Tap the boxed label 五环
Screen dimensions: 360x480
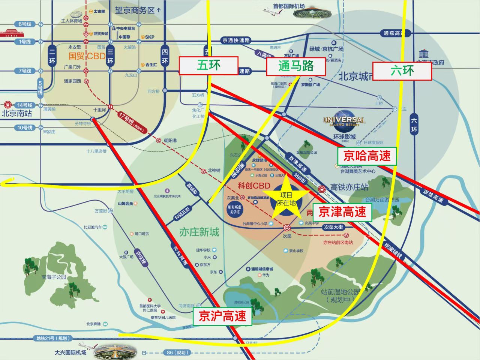(x=208, y=66)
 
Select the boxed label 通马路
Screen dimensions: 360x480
(x=295, y=66)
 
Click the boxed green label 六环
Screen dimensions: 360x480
(x=402, y=70)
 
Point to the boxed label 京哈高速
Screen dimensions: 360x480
(x=367, y=156)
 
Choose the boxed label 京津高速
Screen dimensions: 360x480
(x=342, y=212)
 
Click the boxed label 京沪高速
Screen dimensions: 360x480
(x=222, y=316)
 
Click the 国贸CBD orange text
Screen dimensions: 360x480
(x=87, y=56)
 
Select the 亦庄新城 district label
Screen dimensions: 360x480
(x=199, y=232)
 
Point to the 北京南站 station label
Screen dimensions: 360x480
(x=17, y=113)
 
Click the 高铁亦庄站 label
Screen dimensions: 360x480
(x=349, y=187)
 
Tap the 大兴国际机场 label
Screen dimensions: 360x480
(x=70, y=352)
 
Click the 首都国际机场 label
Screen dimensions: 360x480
(x=289, y=6)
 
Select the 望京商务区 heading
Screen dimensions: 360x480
(x=135, y=10)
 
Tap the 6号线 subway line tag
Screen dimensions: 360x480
(x=25, y=24)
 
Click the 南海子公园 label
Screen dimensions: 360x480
(x=54, y=277)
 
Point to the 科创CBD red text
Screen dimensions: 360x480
(x=254, y=185)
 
